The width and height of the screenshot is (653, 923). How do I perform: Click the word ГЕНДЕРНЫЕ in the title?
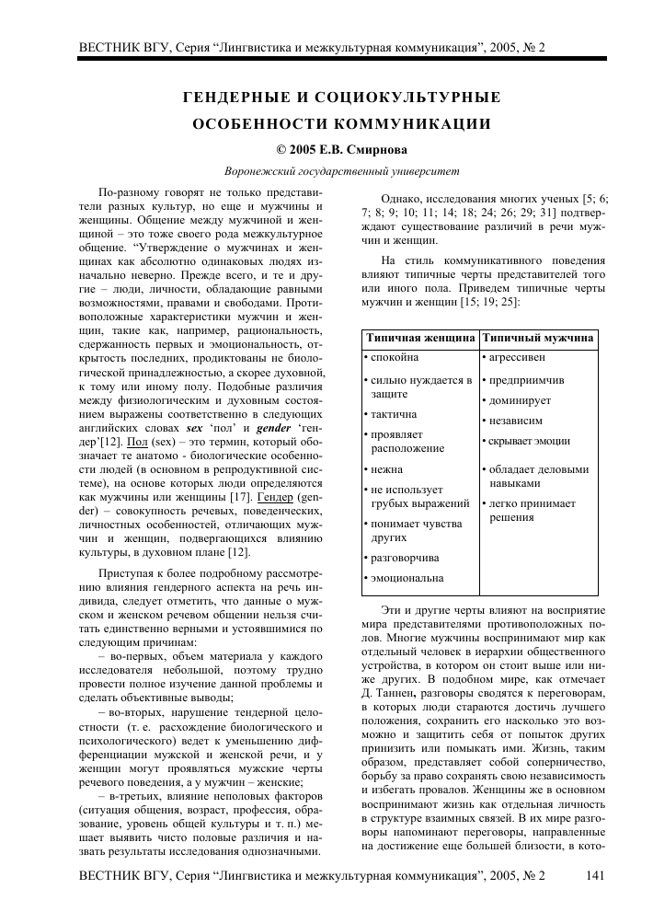click(234, 97)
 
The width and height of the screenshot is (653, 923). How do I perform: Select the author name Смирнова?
click(374, 149)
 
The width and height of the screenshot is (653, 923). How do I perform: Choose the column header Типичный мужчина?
click(538, 339)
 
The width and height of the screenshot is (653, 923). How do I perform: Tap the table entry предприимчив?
click(525, 379)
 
